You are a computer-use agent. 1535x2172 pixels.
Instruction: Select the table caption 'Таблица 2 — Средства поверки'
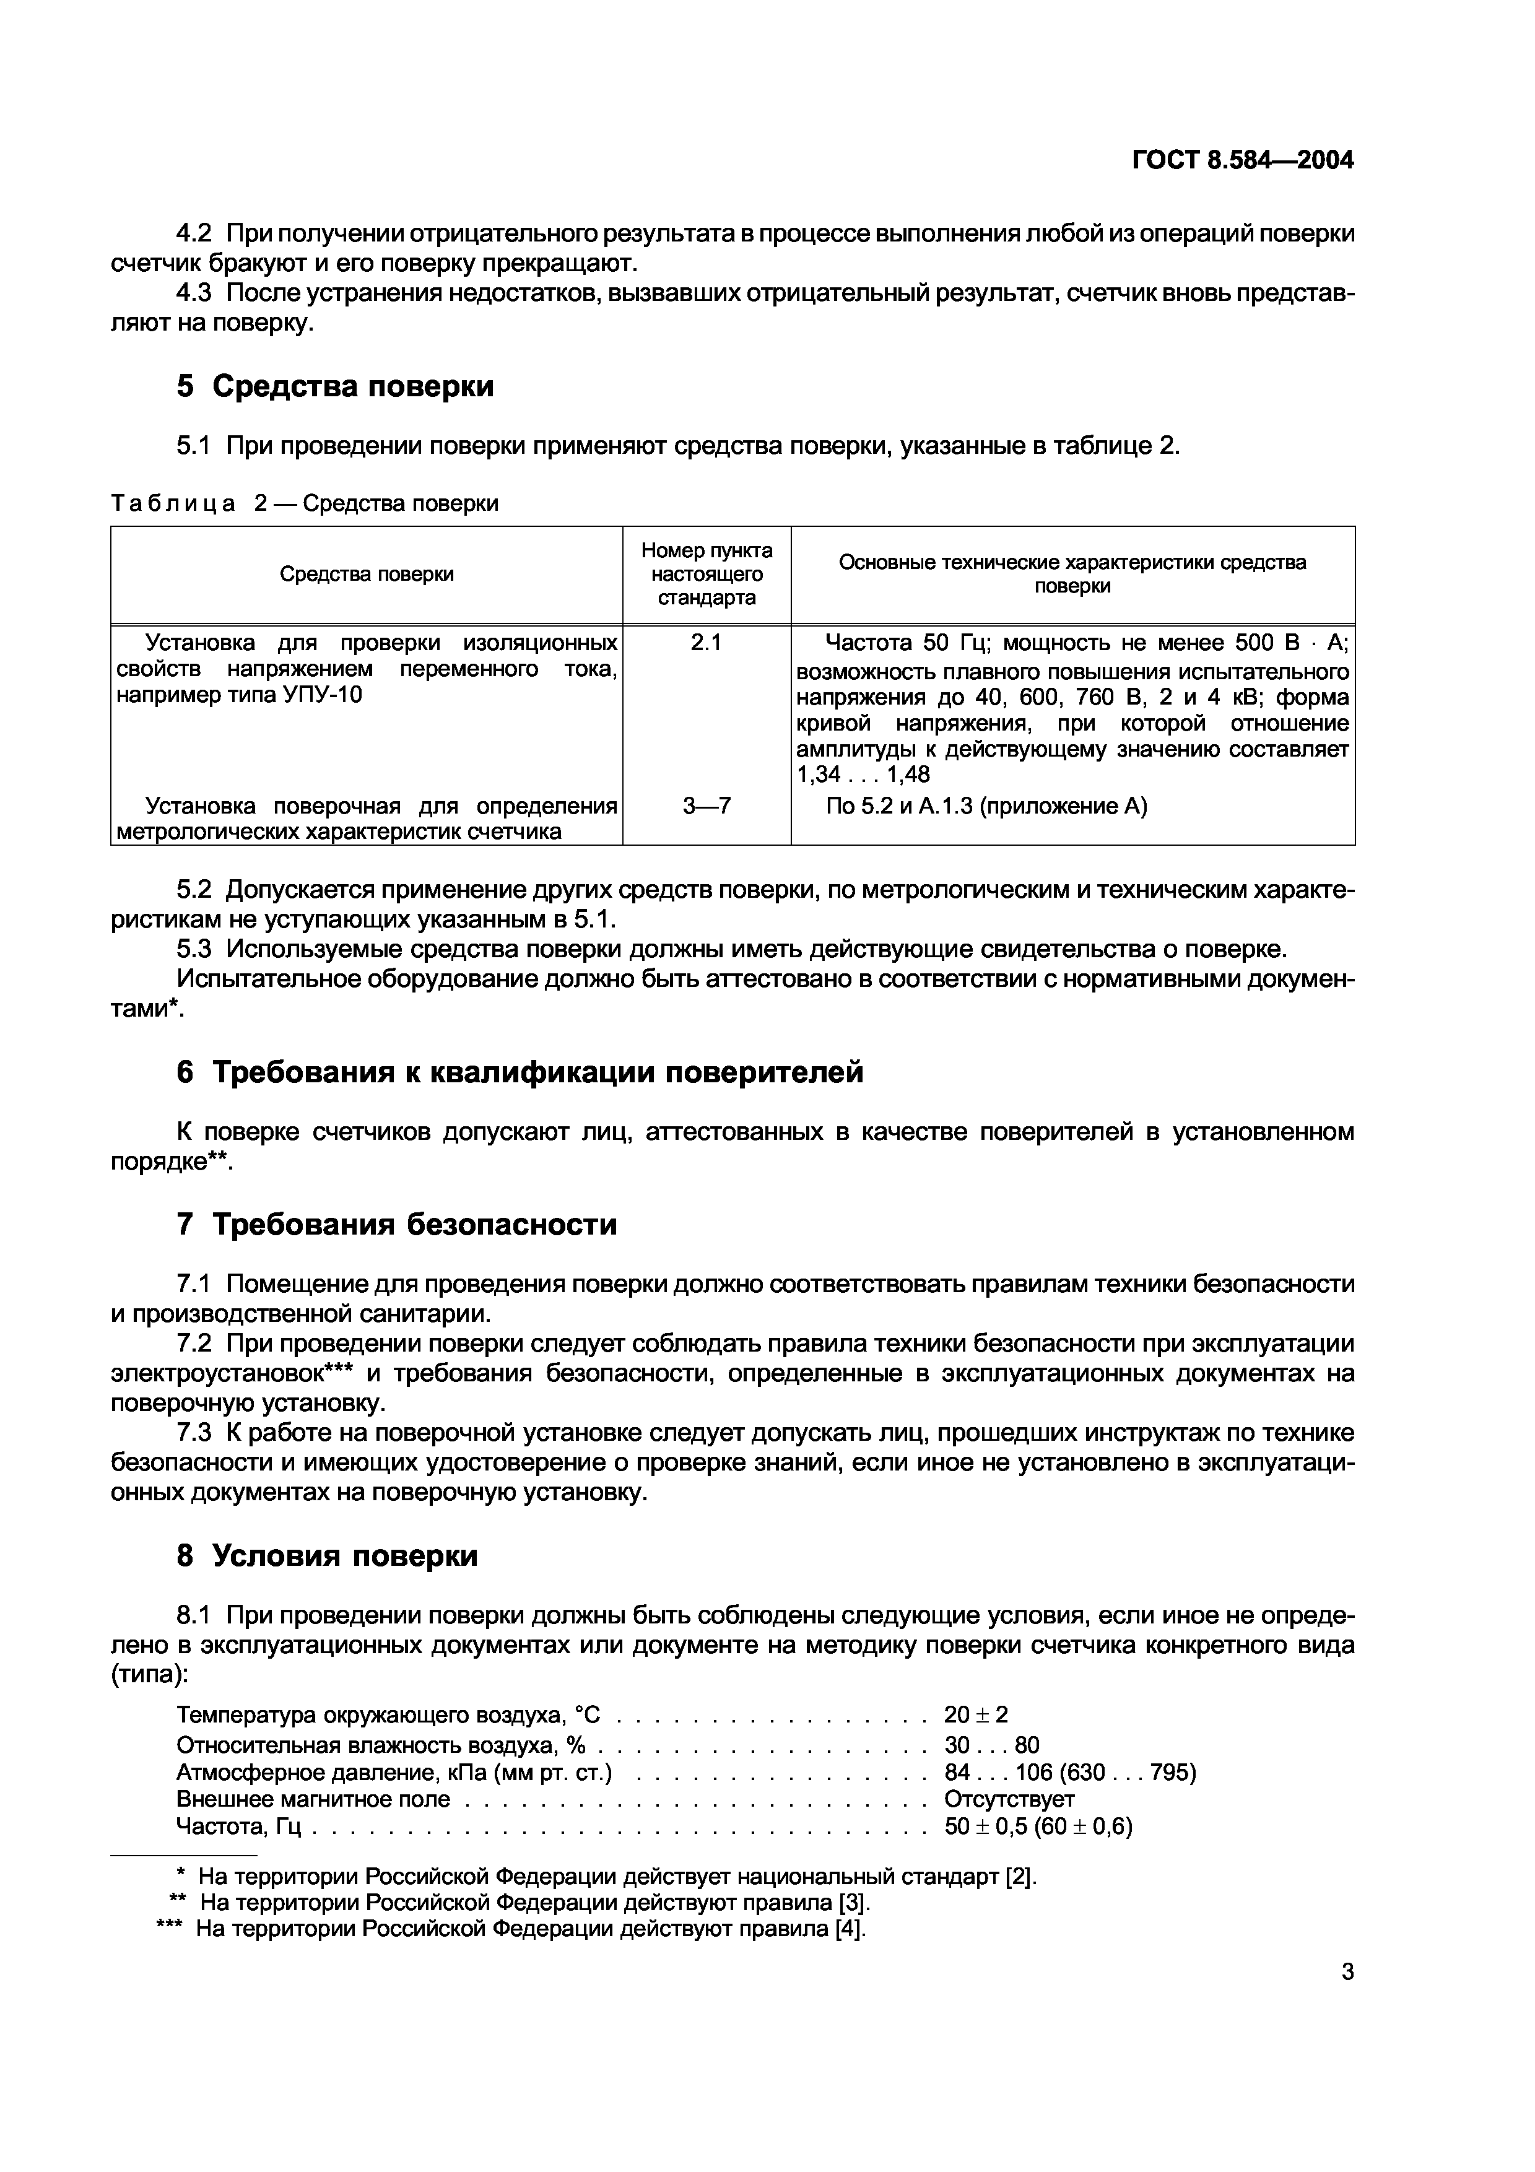pyautogui.click(x=305, y=503)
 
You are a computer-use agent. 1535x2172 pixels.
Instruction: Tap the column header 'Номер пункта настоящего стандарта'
pyautogui.click(x=707, y=574)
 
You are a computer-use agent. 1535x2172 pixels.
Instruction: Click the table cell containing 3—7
pyautogui.click(x=707, y=806)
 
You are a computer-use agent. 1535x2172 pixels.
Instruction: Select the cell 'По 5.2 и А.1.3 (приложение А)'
pyautogui.click(x=986, y=806)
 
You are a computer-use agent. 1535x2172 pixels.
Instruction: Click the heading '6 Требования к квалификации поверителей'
pyautogui.click(x=520, y=1072)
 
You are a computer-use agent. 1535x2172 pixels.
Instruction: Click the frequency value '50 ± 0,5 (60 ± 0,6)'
pyautogui.click(x=1038, y=1827)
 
